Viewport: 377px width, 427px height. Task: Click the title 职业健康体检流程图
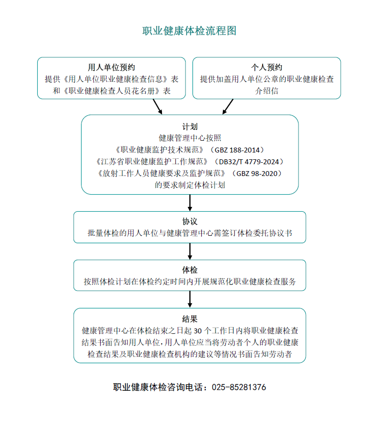[x=189, y=31]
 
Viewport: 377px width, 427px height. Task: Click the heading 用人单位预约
[x=111, y=67]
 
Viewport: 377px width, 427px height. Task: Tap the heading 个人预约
[x=267, y=67]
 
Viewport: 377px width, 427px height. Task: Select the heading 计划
[x=189, y=126]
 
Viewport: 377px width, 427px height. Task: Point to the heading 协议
[x=189, y=222]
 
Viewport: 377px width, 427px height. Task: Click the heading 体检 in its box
[x=189, y=270]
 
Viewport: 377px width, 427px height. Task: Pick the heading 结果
[x=189, y=319]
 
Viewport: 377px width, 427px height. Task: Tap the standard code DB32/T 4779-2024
[x=249, y=162]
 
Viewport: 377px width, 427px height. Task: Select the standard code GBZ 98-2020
[x=257, y=174]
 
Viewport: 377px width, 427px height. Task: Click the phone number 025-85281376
[x=239, y=387]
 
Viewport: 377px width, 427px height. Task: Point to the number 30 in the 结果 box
[x=198, y=331]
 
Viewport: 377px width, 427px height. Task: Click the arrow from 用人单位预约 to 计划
[x=158, y=106]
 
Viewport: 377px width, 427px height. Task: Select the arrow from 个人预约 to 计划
[x=228, y=106]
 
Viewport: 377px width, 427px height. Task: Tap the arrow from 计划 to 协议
[x=189, y=202]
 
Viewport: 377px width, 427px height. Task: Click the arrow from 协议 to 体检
[x=189, y=251]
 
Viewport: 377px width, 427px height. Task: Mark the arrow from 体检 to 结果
[x=189, y=299]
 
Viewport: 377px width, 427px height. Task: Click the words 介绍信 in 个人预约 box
[x=267, y=91]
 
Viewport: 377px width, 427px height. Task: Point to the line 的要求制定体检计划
[x=189, y=185]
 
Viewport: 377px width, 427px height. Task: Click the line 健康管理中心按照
[x=189, y=138]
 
